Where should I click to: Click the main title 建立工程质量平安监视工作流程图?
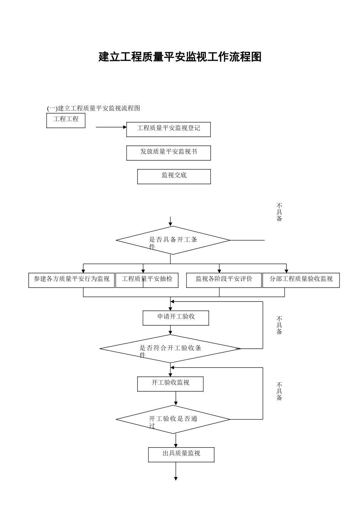[180, 57]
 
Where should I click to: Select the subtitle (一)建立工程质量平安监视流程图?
[94, 108]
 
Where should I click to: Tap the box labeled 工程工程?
[66, 120]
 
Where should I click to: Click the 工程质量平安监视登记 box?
[168, 129]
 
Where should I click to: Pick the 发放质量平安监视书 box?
[168, 153]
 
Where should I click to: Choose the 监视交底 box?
[174, 176]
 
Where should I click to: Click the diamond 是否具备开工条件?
[173, 240]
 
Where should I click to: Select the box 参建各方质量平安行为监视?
[71, 280]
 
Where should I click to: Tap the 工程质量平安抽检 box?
[147, 280]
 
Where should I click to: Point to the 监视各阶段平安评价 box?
[224, 280]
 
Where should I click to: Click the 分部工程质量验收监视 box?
[301, 280]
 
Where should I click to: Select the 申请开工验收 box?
[176, 318]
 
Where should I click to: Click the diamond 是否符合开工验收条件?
[170, 348]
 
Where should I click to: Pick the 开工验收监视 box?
[170, 384]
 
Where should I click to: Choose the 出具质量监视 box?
[181, 455]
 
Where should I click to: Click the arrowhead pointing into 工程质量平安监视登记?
[125, 127]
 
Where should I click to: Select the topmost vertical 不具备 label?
[279, 212]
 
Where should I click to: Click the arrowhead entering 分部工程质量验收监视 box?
[286, 271]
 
